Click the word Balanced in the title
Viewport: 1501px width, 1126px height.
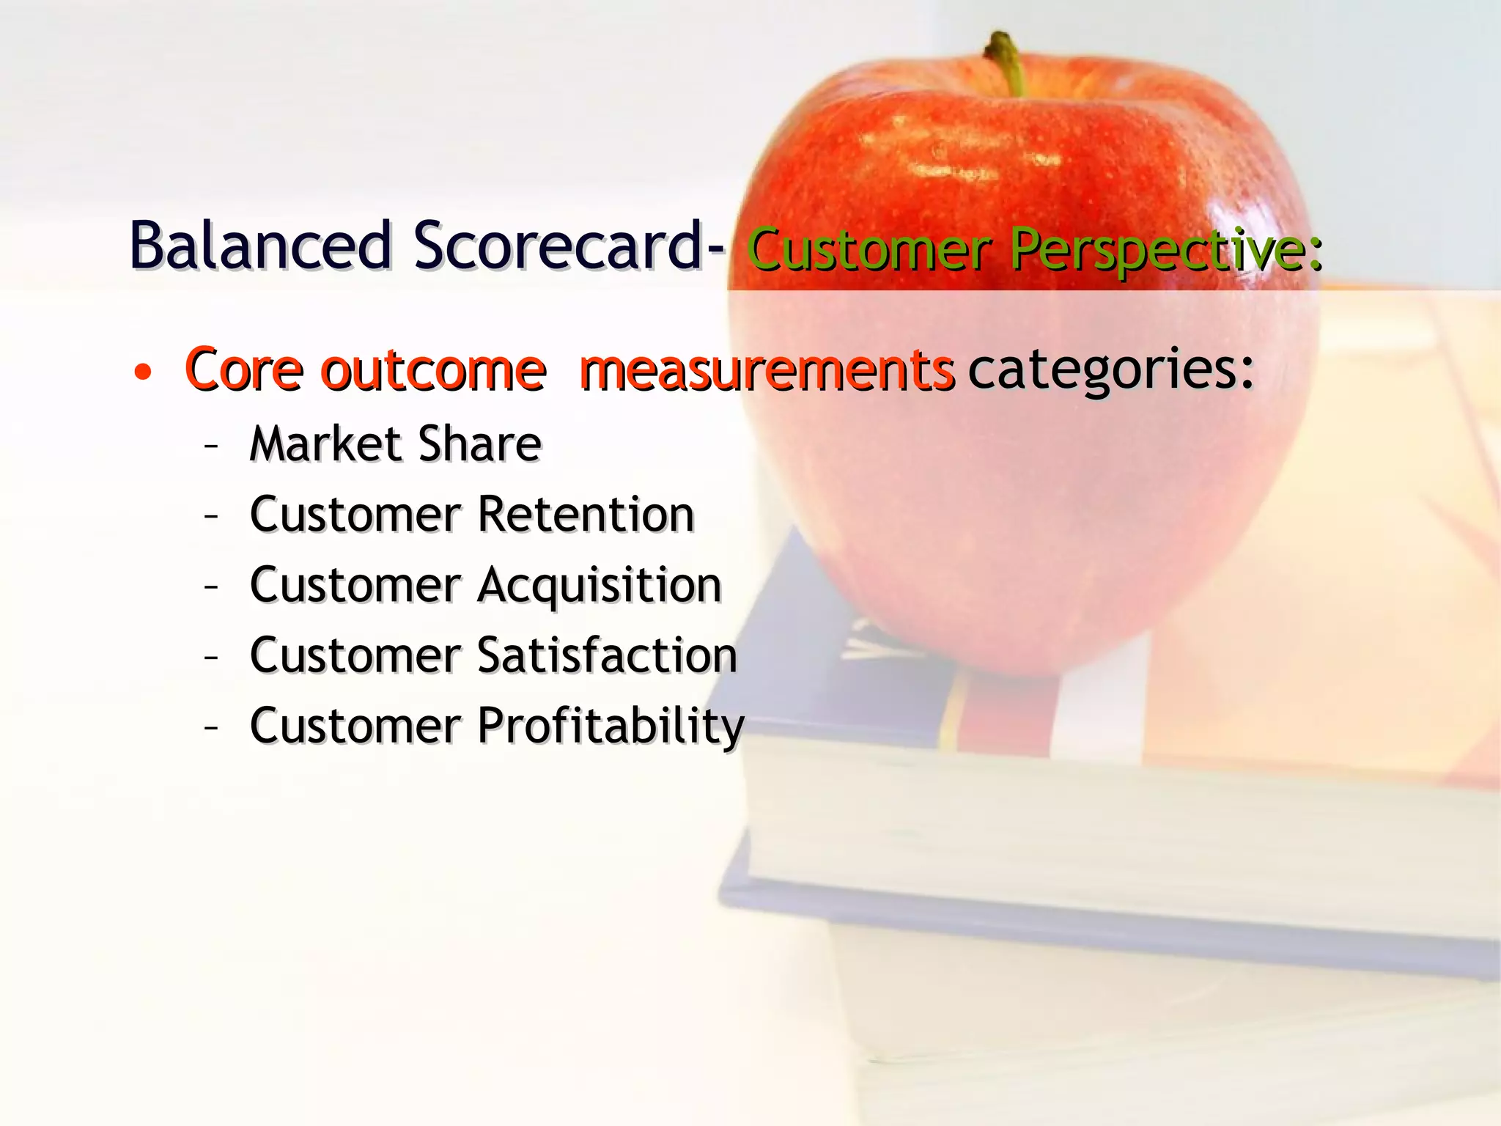click(260, 246)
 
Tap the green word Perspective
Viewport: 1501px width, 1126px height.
click(1165, 251)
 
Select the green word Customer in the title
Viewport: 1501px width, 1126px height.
click(869, 251)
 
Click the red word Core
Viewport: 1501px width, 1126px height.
click(244, 369)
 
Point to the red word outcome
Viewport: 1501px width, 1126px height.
click(434, 369)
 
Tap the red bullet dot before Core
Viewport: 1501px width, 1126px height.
click(143, 372)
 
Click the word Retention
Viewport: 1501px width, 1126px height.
click(586, 514)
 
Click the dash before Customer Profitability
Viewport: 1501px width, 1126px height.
click(211, 727)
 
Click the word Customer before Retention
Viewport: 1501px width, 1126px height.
click(355, 514)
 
